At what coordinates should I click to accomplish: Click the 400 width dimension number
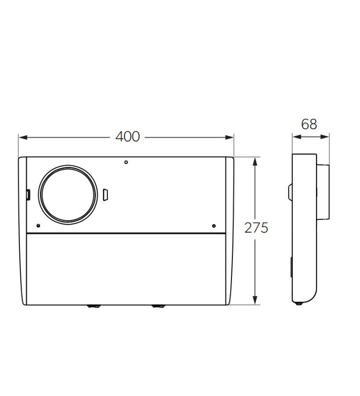pos(128,137)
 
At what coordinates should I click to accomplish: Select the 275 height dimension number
pos(256,228)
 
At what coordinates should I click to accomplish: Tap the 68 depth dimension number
pos(309,124)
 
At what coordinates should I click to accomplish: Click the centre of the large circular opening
pos(68,194)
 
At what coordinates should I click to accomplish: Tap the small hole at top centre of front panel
pos(126,162)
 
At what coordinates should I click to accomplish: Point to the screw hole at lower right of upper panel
pos(213,226)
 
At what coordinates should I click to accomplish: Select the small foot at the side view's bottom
pos(298,304)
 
